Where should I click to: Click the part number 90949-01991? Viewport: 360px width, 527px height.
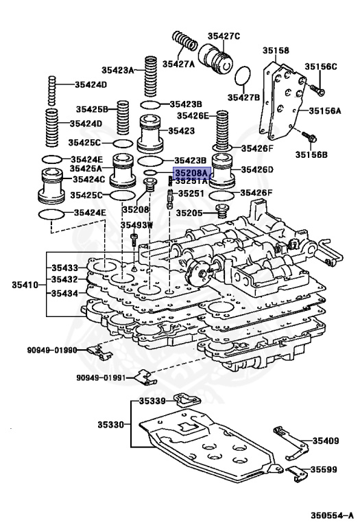point(101,377)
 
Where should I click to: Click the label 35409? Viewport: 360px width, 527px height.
point(326,440)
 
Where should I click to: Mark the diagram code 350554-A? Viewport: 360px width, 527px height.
point(328,515)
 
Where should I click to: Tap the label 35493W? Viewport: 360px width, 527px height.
point(136,224)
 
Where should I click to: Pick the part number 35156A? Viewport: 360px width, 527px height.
point(324,110)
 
